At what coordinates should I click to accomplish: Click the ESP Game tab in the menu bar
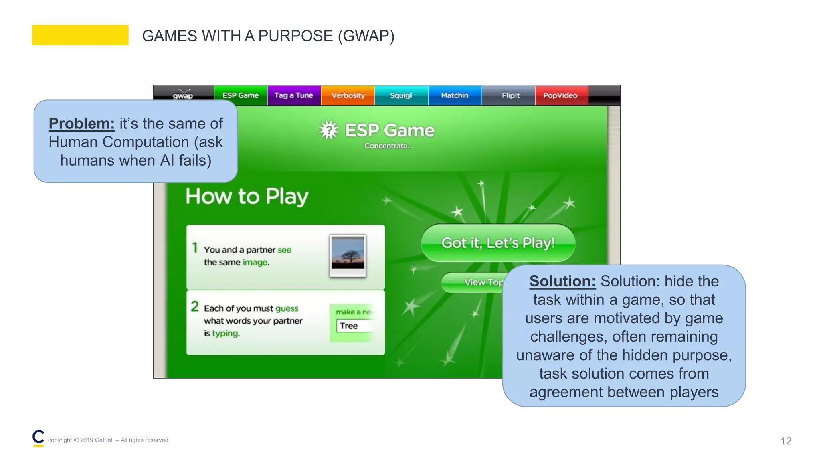241,95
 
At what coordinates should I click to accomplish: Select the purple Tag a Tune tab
293,95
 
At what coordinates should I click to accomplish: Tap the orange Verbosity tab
348,95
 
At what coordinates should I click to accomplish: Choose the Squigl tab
401,95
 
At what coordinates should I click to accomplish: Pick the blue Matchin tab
455,95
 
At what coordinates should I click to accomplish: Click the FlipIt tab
510,95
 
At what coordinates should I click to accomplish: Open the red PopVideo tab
560,95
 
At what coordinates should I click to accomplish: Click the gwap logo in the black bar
183,95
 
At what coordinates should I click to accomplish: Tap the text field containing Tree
355,326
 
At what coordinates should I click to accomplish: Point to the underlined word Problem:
81,124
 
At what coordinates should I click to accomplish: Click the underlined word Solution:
562,281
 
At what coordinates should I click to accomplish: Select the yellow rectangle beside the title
80,35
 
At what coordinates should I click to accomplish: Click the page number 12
786,441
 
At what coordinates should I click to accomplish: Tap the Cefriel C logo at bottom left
38,438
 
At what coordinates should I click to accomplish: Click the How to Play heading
247,197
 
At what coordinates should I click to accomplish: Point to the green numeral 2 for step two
195,306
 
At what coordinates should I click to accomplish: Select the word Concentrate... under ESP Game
388,146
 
